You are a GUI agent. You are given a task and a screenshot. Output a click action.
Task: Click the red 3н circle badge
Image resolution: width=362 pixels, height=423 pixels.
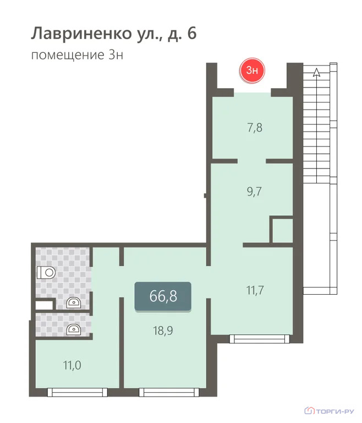253,70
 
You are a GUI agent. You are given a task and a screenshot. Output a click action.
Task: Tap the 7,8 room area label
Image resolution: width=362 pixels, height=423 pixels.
255,128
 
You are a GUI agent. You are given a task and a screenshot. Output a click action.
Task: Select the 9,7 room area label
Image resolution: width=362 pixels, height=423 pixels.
255,192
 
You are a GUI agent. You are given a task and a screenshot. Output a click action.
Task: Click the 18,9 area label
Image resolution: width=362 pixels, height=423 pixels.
163,330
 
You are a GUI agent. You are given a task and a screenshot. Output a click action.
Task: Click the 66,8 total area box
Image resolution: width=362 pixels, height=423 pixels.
163,296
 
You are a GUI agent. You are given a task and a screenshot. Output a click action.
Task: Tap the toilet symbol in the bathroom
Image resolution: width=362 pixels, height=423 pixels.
46,272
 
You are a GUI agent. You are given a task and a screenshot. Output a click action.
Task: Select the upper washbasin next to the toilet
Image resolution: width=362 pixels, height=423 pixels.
72,302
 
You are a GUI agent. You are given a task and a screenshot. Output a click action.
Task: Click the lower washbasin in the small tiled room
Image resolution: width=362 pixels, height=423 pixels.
72,329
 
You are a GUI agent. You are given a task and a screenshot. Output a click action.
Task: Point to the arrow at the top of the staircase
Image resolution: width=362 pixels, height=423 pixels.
316,71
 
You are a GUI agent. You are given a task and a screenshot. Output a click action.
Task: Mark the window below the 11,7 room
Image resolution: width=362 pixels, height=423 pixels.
259,338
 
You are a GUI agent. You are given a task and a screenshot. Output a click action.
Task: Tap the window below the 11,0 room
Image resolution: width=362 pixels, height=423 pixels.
76,392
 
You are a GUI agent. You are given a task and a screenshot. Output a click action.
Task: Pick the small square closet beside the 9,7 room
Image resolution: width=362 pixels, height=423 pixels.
281,230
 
